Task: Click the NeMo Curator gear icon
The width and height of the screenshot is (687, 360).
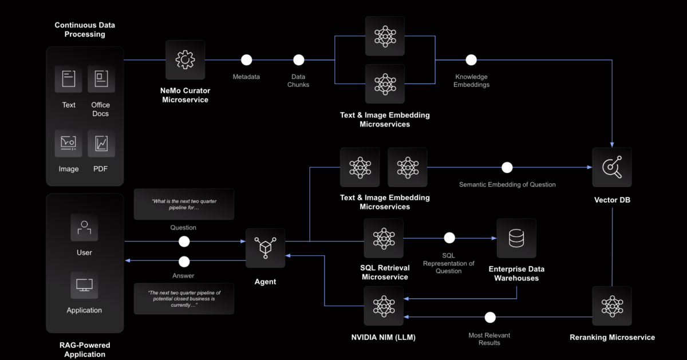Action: (x=185, y=60)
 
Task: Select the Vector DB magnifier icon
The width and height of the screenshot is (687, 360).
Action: (x=612, y=167)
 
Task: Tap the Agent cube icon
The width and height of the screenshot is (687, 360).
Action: (x=265, y=248)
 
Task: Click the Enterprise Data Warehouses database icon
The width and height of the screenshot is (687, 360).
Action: (x=516, y=238)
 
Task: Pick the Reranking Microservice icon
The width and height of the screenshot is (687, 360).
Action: (x=612, y=306)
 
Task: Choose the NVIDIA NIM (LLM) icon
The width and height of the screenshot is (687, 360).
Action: (x=384, y=306)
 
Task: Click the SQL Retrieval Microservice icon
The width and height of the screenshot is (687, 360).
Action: (x=384, y=238)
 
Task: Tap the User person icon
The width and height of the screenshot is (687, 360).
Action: (x=84, y=227)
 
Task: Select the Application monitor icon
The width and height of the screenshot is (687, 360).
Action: (x=84, y=285)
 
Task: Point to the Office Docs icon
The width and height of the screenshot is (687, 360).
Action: (x=101, y=79)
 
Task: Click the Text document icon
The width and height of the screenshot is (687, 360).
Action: (x=69, y=79)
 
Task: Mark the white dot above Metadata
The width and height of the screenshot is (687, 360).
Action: (x=246, y=60)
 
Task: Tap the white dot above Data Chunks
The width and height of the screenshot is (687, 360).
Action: (x=298, y=60)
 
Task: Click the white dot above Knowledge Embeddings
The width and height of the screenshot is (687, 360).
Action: (x=471, y=60)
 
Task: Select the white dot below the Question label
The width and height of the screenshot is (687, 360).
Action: (x=184, y=242)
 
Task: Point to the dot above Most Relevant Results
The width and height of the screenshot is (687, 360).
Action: (x=489, y=317)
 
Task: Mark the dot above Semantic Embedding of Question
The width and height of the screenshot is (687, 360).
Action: (x=507, y=168)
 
